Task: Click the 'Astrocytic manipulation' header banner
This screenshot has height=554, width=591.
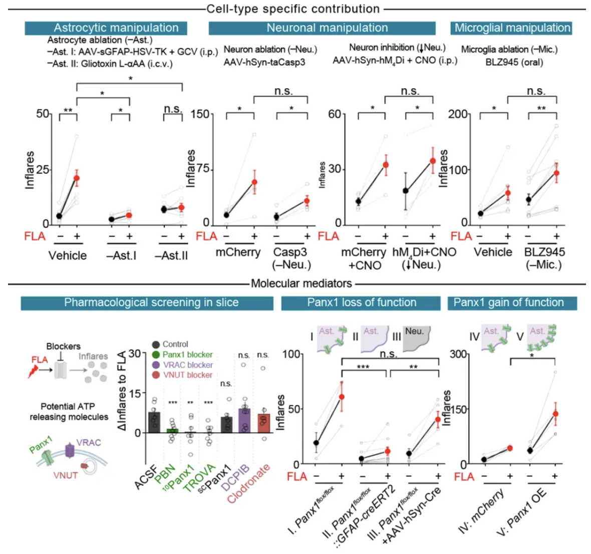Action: click(x=106, y=28)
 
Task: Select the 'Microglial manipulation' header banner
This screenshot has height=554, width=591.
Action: click(x=511, y=28)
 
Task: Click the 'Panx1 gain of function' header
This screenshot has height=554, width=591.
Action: click(x=508, y=303)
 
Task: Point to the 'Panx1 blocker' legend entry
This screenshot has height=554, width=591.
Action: click(x=187, y=355)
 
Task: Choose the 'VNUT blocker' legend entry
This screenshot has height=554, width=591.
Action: click(x=187, y=375)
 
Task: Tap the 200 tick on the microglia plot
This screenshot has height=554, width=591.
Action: click(x=458, y=115)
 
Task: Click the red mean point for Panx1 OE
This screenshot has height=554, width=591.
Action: click(x=555, y=414)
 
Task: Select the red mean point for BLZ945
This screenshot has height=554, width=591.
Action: click(x=556, y=173)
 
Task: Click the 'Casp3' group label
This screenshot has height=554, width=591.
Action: click(x=290, y=252)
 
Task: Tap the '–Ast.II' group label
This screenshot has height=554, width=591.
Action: click(x=171, y=256)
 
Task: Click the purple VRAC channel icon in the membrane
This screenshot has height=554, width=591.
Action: click(x=70, y=451)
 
